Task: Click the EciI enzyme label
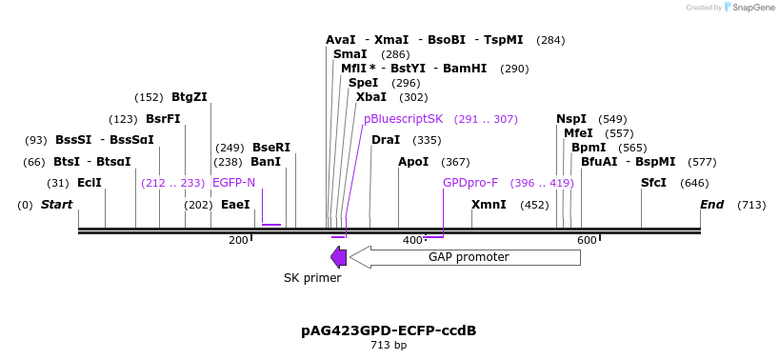(x=90, y=183)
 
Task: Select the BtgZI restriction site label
(x=189, y=97)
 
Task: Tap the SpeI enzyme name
(x=363, y=83)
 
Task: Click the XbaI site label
(x=371, y=97)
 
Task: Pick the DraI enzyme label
(x=386, y=140)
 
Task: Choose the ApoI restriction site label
(x=413, y=162)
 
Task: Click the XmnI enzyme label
(x=489, y=205)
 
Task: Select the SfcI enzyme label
(x=653, y=183)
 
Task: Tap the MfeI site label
(x=578, y=133)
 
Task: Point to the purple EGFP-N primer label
(x=233, y=183)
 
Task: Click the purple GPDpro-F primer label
(x=470, y=183)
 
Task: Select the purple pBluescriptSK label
(x=403, y=119)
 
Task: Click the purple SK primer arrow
(x=338, y=257)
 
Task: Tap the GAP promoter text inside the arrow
(x=469, y=257)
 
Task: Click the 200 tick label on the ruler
(x=238, y=241)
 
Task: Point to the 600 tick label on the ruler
(x=587, y=241)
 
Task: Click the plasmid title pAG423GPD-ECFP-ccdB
(x=389, y=330)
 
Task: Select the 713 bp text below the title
(x=389, y=345)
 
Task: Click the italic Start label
(x=57, y=205)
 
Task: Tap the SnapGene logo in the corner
(x=750, y=8)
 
